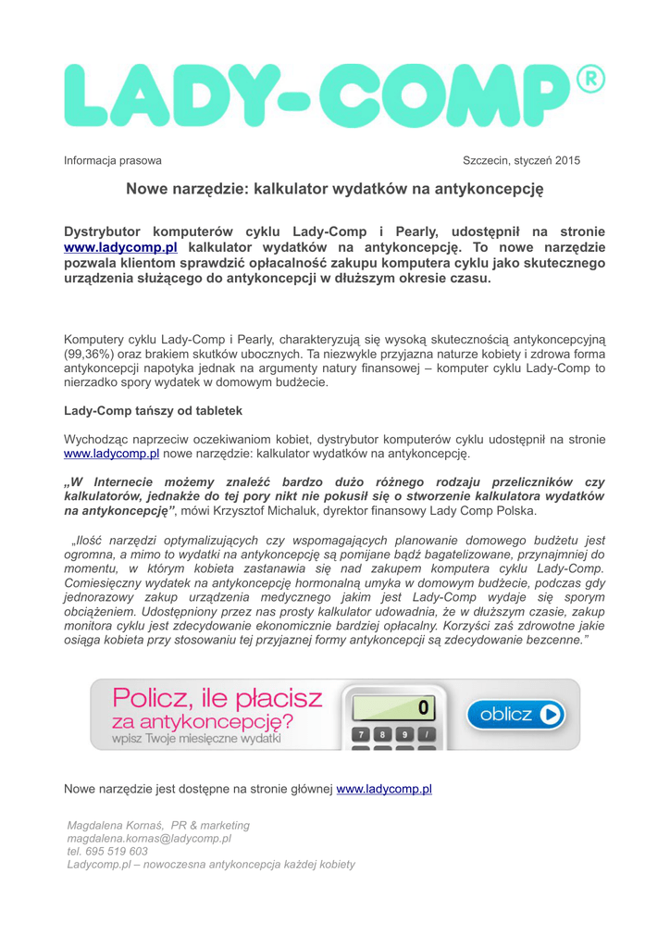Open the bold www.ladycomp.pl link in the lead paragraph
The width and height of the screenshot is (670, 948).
pyautogui.click(x=120, y=247)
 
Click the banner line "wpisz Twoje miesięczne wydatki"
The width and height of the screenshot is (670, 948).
pyautogui.click(x=200, y=739)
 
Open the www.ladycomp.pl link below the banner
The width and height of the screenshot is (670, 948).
pyautogui.click(x=384, y=789)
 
